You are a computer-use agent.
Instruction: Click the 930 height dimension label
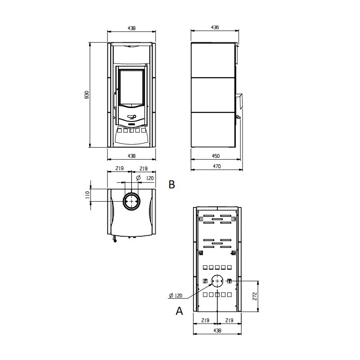coord(87,95)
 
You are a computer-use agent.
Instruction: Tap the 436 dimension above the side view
coord(215,27)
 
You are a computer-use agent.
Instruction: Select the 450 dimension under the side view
coord(216,156)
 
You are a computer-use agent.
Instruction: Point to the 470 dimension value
coord(217,166)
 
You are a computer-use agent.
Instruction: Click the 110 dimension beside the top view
coord(87,195)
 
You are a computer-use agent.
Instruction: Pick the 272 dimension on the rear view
coord(255,296)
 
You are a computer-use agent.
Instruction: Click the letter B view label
coord(172,184)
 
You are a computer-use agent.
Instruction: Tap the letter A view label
coord(179,311)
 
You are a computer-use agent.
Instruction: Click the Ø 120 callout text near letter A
coord(175,296)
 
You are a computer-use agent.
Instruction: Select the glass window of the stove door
coord(131,87)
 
